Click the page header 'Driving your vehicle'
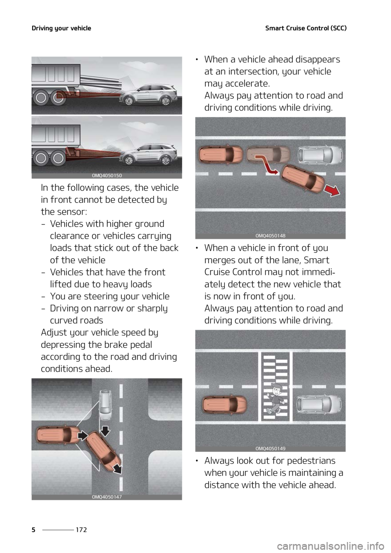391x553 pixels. pyautogui.click(x=62, y=28)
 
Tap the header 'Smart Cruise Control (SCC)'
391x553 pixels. pyautogui.click(x=306, y=28)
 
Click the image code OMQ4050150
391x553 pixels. pyautogui.click(x=107, y=176)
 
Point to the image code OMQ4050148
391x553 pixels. pyautogui.click(x=270, y=236)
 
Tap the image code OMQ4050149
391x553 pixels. pyautogui.click(x=270, y=448)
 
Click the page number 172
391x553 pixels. pyautogui.click(x=81, y=529)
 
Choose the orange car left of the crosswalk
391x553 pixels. pyautogui.click(x=225, y=405)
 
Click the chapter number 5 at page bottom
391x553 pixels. pyautogui.click(x=34, y=529)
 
